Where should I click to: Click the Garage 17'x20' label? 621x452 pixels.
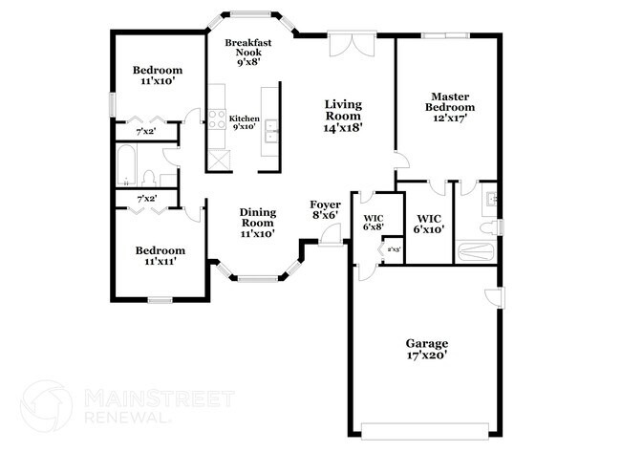[427, 349]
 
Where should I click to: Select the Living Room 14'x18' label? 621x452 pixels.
[343, 115]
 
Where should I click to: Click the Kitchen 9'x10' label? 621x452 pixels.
[244, 121]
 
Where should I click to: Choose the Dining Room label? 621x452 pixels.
[257, 222]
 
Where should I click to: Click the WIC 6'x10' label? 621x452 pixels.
[428, 224]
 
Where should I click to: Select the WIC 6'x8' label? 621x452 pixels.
[373, 224]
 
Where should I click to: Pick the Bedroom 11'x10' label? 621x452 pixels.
[158, 75]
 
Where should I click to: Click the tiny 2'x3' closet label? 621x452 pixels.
[393, 250]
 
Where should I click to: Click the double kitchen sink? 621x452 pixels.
[271, 130]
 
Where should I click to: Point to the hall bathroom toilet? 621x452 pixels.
[150, 176]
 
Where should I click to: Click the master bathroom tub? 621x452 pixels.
[475, 252]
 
